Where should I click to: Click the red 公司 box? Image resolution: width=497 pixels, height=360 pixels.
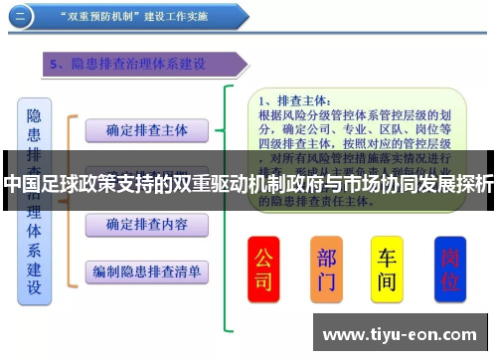point(263,269)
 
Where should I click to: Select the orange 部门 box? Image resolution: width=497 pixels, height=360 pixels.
point(326,269)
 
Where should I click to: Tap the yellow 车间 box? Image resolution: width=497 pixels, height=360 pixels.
point(387,269)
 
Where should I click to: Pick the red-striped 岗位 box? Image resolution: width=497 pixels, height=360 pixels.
point(450,269)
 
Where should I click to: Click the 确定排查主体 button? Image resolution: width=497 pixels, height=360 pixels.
point(146,130)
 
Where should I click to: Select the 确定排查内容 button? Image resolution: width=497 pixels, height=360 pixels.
point(146,225)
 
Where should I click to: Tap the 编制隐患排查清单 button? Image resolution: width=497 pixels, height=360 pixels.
point(146,270)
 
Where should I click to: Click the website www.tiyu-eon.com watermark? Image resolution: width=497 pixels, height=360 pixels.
point(401,333)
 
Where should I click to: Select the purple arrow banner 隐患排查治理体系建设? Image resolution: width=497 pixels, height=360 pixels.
point(145,65)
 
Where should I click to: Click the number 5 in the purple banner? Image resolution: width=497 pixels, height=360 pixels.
point(57,65)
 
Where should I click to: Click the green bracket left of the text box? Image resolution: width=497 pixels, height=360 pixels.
point(231,209)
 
